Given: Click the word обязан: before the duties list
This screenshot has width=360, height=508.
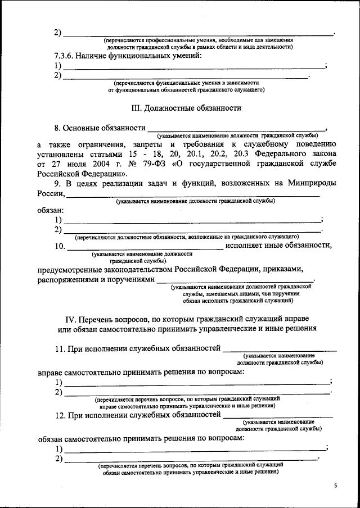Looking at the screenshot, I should pyautogui.click(x=50, y=210).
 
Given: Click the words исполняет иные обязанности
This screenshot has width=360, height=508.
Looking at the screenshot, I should pyautogui.click(x=278, y=245).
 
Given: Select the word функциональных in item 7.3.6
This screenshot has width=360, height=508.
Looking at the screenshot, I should pyautogui.click(x=130, y=57).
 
